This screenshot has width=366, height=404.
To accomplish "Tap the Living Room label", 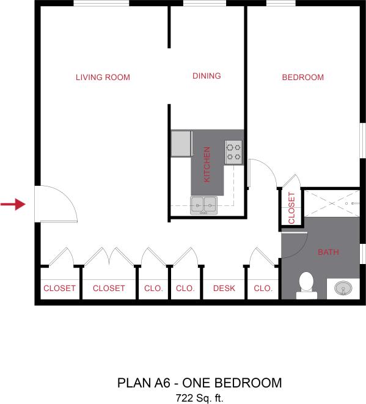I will pyautogui.click(x=103, y=78).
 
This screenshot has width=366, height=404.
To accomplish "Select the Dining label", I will pyautogui.click(x=207, y=76).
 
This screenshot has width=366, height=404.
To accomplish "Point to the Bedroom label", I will pyautogui.click(x=302, y=78).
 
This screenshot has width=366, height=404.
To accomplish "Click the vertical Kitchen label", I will pyautogui.click(x=207, y=164).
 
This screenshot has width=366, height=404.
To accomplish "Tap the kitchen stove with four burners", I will pyautogui.click(x=233, y=151).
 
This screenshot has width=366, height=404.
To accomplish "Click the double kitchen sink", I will pyautogui.click(x=203, y=205).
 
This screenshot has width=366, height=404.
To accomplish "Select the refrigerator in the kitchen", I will pyautogui.click(x=181, y=144).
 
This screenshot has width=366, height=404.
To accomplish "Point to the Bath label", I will pyautogui.click(x=329, y=252).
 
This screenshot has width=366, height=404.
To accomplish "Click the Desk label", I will pyautogui.click(x=224, y=288).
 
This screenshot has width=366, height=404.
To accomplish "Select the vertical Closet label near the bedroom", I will pyautogui.click(x=291, y=208).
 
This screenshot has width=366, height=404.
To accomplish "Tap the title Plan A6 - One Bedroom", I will pyautogui.click(x=199, y=384).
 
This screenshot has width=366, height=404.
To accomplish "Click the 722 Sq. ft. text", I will pyautogui.click(x=199, y=397).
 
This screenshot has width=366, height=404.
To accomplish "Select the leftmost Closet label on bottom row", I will pyautogui.click(x=59, y=288).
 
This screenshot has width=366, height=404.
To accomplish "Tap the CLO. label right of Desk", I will pyautogui.click(x=263, y=288).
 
